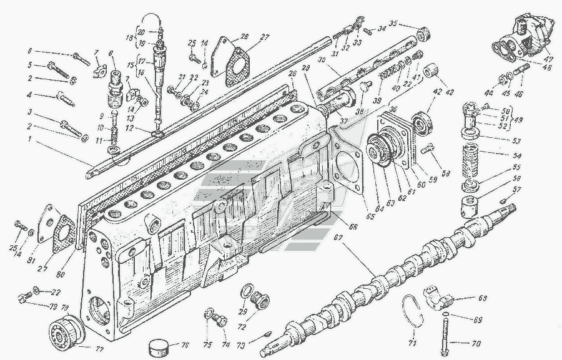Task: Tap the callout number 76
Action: [x=185, y=346]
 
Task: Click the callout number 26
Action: [x=244, y=36]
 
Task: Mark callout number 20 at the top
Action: [x=140, y=32]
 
